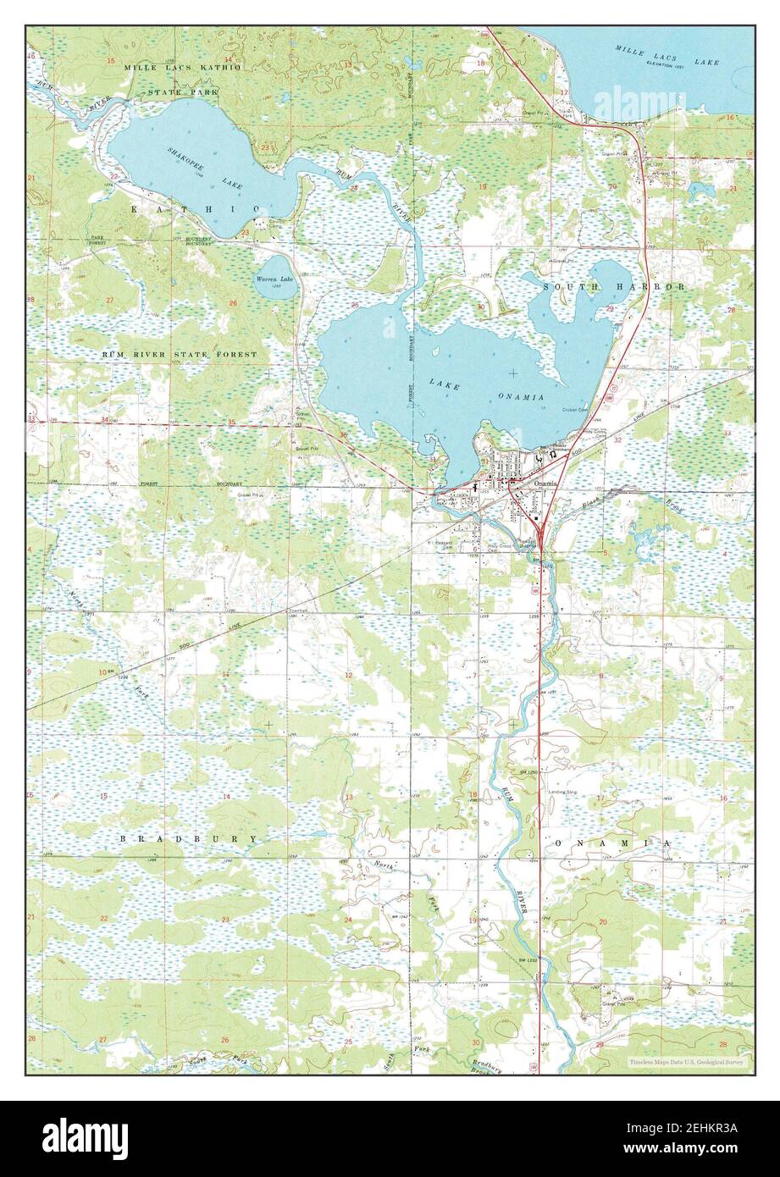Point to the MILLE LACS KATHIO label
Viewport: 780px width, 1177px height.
[x=181, y=66]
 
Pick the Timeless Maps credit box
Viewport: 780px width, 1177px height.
[x=687, y=1060]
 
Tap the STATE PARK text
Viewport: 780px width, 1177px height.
[x=183, y=91]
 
